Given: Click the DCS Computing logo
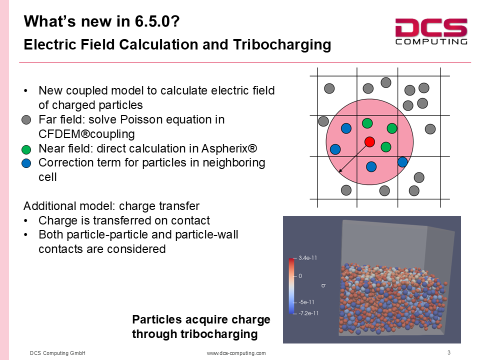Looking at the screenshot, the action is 431,31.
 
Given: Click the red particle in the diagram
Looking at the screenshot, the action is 369,141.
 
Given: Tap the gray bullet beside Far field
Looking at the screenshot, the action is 26,119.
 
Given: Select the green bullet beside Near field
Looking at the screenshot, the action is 26,149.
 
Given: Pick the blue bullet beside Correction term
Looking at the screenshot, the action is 26,163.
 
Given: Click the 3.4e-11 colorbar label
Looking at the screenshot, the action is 307,258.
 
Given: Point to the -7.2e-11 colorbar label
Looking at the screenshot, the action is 308,313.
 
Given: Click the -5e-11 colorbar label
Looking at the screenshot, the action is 306,302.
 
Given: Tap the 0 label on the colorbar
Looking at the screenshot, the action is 300,276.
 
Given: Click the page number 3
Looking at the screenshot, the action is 449,352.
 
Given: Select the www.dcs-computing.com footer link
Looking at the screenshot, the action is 236,353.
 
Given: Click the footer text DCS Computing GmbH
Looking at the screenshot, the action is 57,353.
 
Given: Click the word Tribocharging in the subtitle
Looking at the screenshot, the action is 282,44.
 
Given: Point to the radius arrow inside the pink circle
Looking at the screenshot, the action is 354,157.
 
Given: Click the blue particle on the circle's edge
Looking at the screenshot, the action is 402,161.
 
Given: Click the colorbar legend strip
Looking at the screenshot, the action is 291,286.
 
